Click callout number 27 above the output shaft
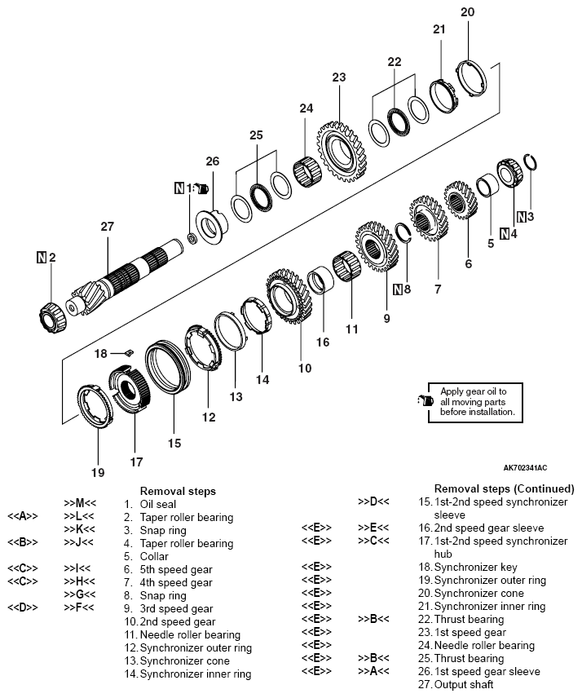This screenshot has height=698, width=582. coord(107,227)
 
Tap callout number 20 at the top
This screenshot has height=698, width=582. coord(466,11)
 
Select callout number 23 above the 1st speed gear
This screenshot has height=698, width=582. coord(339,77)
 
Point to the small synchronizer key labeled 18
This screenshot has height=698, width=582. coord(127,352)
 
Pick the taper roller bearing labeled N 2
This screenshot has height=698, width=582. coord(54,312)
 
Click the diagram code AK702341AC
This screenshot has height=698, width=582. coord(525,468)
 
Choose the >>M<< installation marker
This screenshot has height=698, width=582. coord(80,504)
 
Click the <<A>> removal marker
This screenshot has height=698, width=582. coord(24,517)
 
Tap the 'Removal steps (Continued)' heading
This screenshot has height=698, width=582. coord(504,488)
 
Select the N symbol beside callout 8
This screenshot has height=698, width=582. coord(398,288)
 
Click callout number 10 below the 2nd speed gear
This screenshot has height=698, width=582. coord(304,368)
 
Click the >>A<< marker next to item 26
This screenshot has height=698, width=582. coord(374,671)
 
